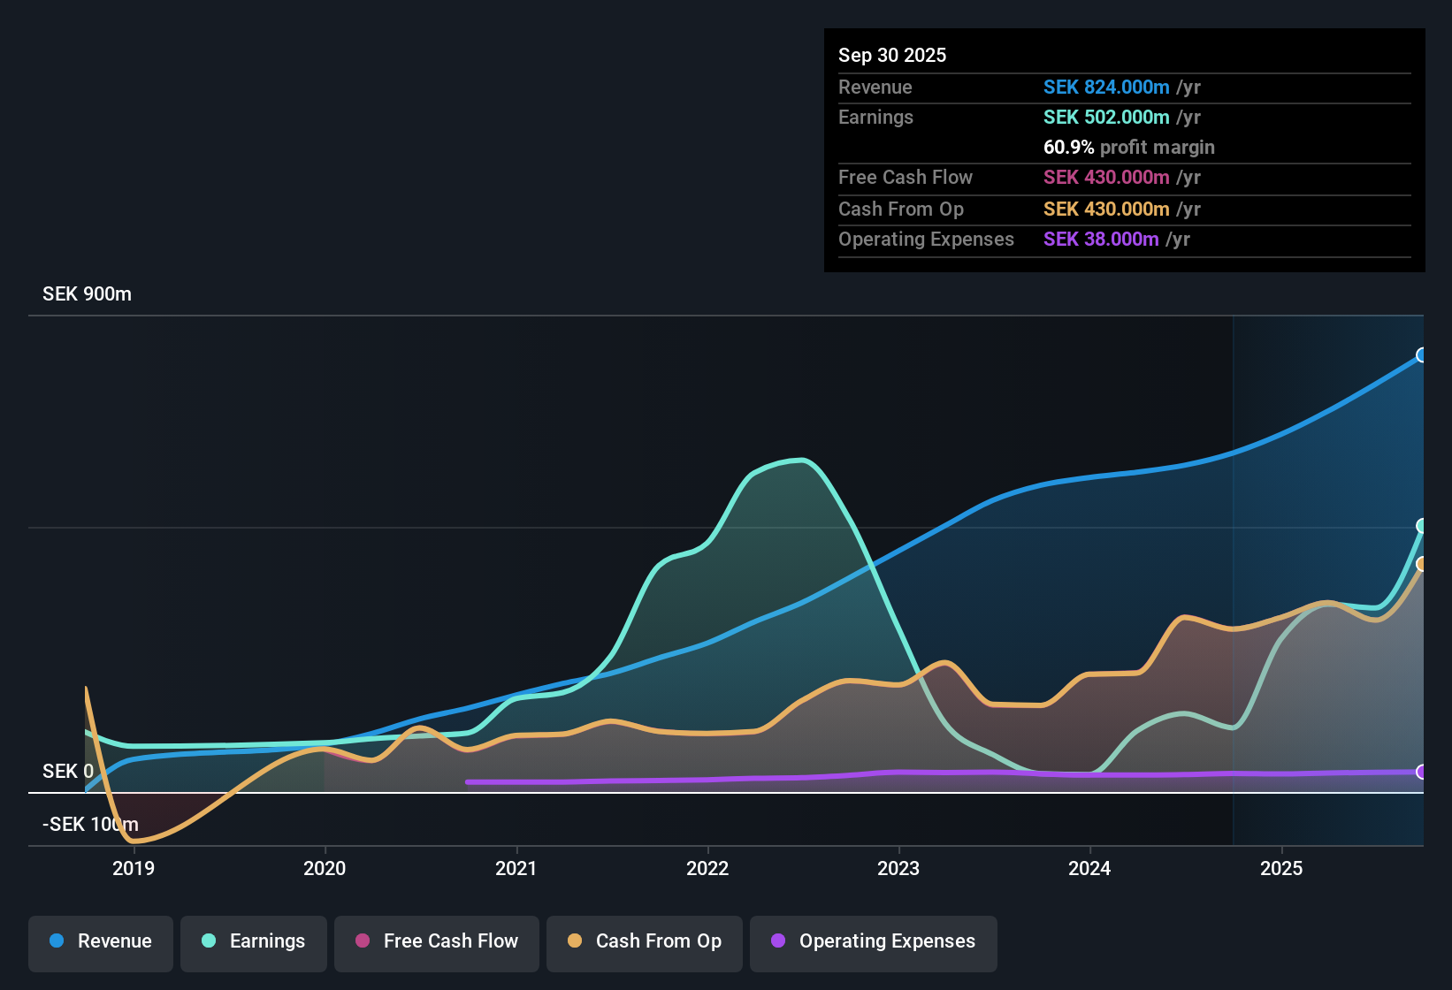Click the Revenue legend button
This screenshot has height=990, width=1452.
(x=101, y=941)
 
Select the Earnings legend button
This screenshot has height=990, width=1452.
(x=254, y=941)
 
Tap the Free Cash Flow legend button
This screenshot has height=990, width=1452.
(x=437, y=941)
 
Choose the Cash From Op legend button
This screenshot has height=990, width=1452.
(x=645, y=941)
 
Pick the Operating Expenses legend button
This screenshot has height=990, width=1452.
(x=874, y=941)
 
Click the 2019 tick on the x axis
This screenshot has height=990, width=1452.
(x=134, y=868)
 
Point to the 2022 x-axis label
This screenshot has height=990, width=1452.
(x=707, y=868)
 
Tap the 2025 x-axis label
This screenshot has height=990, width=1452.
(x=1280, y=868)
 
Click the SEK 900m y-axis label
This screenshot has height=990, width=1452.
(x=87, y=294)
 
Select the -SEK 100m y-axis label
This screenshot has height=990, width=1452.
(x=90, y=825)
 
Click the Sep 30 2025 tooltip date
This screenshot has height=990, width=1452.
(x=892, y=56)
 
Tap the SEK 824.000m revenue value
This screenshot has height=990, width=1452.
(x=1106, y=88)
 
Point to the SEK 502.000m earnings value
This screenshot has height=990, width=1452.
(x=1106, y=118)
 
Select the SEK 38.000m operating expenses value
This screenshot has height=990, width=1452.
(x=1101, y=240)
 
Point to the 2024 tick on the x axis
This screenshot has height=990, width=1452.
(x=1089, y=868)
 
